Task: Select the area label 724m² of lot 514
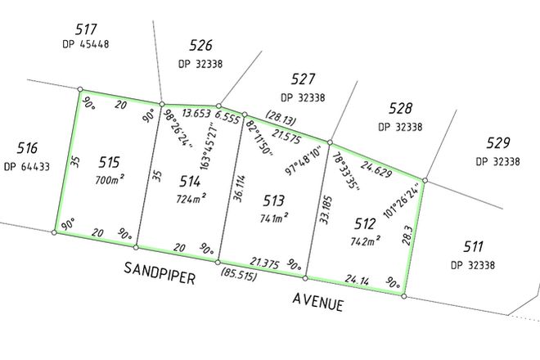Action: [191, 198]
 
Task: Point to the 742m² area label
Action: [366, 241]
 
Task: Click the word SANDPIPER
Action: [160, 273]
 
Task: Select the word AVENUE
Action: [317, 302]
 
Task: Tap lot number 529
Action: [496, 142]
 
